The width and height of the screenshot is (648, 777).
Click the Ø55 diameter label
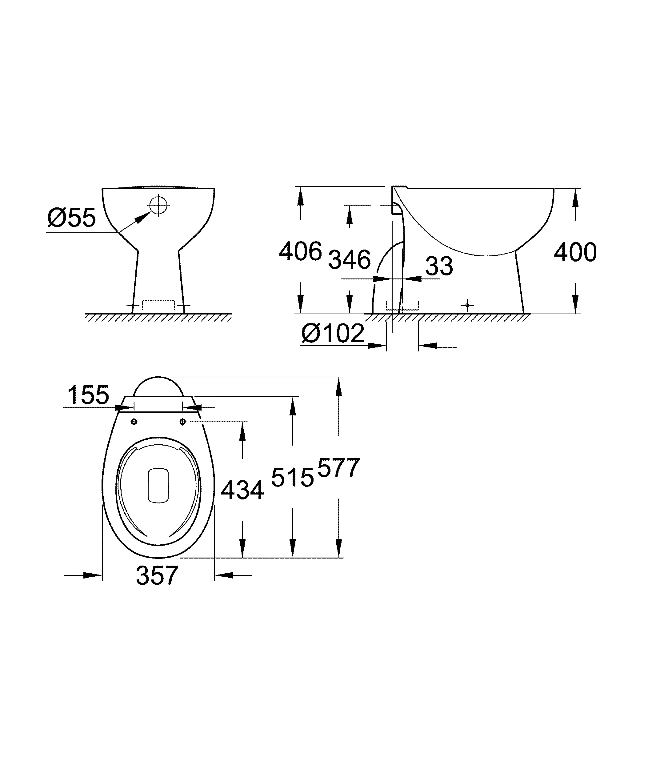click(72, 218)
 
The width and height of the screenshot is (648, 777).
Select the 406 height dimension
click(300, 252)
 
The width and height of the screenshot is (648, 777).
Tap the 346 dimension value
click(350, 260)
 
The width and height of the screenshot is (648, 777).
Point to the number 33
click(439, 266)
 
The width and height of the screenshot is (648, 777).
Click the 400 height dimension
click(575, 252)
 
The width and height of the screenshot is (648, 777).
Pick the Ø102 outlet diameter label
click(333, 333)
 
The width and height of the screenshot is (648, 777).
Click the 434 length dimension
click(242, 491)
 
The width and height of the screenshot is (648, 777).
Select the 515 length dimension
click(292, 477)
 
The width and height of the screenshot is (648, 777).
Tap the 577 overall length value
click(338, 468)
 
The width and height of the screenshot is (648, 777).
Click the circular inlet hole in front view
click(158, 205)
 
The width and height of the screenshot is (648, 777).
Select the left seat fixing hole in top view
click(134, 422)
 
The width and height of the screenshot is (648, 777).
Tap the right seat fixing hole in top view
click(183, 422)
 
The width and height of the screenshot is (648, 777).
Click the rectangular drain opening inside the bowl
click(158, 486)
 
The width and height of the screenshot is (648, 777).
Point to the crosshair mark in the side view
click(467, 305)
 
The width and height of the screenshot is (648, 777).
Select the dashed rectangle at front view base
click(158, 305)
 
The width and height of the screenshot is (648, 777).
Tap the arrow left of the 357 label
click(92, 575)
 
